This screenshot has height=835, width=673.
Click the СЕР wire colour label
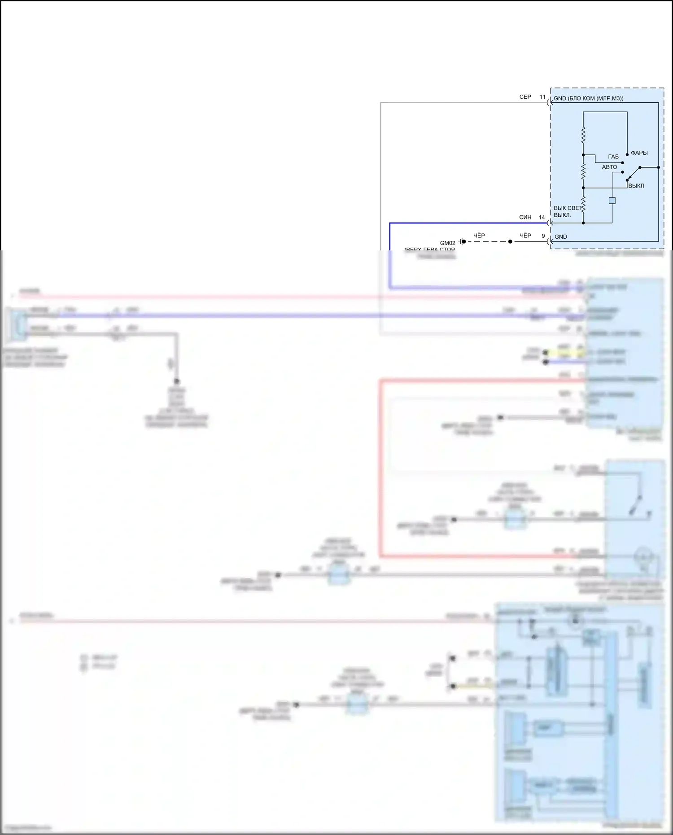click(x=525, y=97)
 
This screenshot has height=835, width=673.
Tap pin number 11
click(x=542, y=97)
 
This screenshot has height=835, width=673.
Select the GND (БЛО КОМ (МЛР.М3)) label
click(x=588, y=98)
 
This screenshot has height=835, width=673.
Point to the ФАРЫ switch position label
click(x=639, y=153)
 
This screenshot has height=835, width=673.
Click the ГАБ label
click(x=613, y=157)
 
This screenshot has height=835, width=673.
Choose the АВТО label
click(x=609, y=167)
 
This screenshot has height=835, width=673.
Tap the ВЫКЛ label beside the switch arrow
click(x=636, y=186)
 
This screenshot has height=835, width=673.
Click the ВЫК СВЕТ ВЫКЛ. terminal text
click(x=566, y=211)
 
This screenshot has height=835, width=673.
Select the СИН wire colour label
click(x=525, y=217)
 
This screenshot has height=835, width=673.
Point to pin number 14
click(x=542, y=217)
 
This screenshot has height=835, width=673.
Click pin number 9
click(x=543, y=236)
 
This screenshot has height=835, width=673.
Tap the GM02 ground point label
click(x=447, y=243)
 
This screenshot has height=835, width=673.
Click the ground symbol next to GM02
click(x=461, y=242)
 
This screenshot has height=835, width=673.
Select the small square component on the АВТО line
click(x=612, y=201)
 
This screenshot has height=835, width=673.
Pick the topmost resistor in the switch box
click(x=583, y=135)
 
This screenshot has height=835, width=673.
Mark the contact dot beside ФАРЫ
click(x=627, y=154)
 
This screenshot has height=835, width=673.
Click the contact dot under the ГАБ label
click(x=622, y=163)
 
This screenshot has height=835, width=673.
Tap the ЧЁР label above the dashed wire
click(x=479, y=236)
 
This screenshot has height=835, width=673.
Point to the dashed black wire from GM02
click(x=487, y=241)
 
